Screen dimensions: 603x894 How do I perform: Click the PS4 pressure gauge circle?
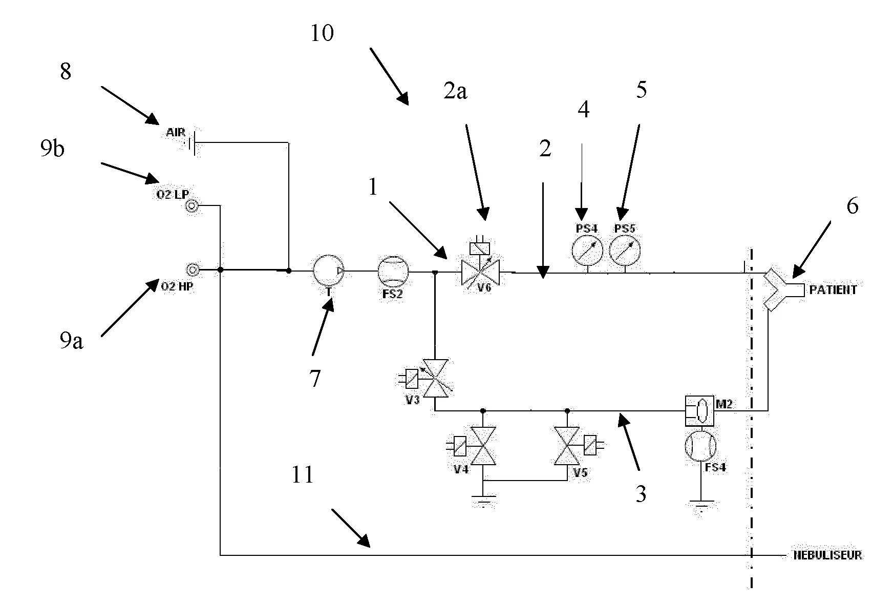tap(587, 250)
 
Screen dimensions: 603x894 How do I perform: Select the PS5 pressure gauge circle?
tap(624, 250)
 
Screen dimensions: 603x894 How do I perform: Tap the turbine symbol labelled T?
tap(328, 270)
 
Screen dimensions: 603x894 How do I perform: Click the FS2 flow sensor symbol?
tap(393, 271)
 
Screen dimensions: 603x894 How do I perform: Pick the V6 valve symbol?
tap(481, 272)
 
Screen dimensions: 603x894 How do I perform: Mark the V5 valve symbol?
tap(567, 446)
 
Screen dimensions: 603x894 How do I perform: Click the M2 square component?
tap(700, 410)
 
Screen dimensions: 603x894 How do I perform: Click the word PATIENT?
tap(833, 290)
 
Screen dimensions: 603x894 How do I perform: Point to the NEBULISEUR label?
tap(827, 555)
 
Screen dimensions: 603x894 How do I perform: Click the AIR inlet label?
tap(176, 133)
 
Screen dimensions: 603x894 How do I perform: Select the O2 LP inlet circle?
tap(191, 206)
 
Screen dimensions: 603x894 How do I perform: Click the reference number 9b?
tap(52, 149)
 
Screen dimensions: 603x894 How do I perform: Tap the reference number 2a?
tap(455, 92)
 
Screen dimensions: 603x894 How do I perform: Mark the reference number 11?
tap(302, 475)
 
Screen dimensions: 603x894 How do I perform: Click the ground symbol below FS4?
tap(700, 507)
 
